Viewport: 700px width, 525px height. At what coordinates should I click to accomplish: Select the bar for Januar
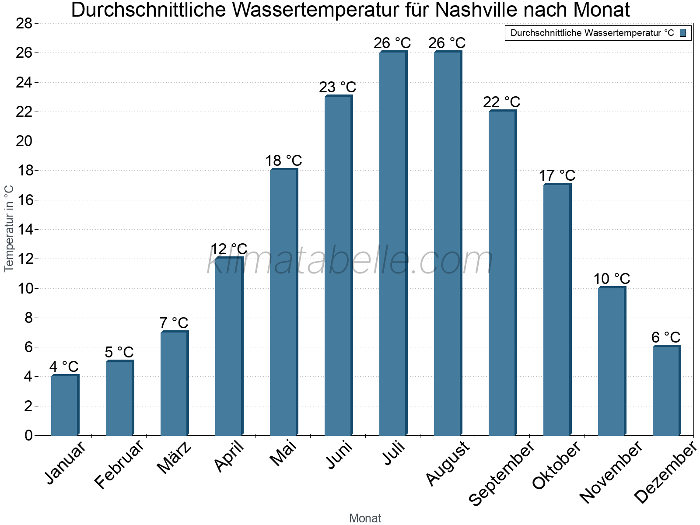click(65, 405)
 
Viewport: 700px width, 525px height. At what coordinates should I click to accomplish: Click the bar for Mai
click(283, 302)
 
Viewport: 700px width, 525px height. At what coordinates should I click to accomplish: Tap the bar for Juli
click(393, 243)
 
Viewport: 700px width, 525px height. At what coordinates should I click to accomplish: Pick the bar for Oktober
click(557, 309)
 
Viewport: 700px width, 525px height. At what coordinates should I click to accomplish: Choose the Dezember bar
click(666, 390)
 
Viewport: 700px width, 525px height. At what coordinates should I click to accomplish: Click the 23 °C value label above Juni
click(337, 87)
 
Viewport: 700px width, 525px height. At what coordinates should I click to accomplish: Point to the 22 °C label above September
click(501, 102)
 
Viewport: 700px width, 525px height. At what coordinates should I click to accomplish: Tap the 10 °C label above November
click(611, 278)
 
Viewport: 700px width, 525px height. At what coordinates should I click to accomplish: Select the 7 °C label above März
click(174, 323)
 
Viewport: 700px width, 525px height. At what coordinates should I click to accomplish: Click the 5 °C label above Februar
click(119, 352)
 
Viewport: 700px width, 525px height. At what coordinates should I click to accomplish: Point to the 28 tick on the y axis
click(24, 23)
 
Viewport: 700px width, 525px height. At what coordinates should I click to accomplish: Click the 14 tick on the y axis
click(24, 229)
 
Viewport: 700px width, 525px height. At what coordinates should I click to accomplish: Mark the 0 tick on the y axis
click(28, 435)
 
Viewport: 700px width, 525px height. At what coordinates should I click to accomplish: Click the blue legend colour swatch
click(683, 33)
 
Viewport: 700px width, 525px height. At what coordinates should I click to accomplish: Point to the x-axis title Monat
click(365, 518)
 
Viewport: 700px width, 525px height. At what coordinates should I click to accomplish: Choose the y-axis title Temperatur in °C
click(9, 228)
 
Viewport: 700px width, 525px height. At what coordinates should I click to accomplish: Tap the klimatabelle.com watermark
click(350, 261)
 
